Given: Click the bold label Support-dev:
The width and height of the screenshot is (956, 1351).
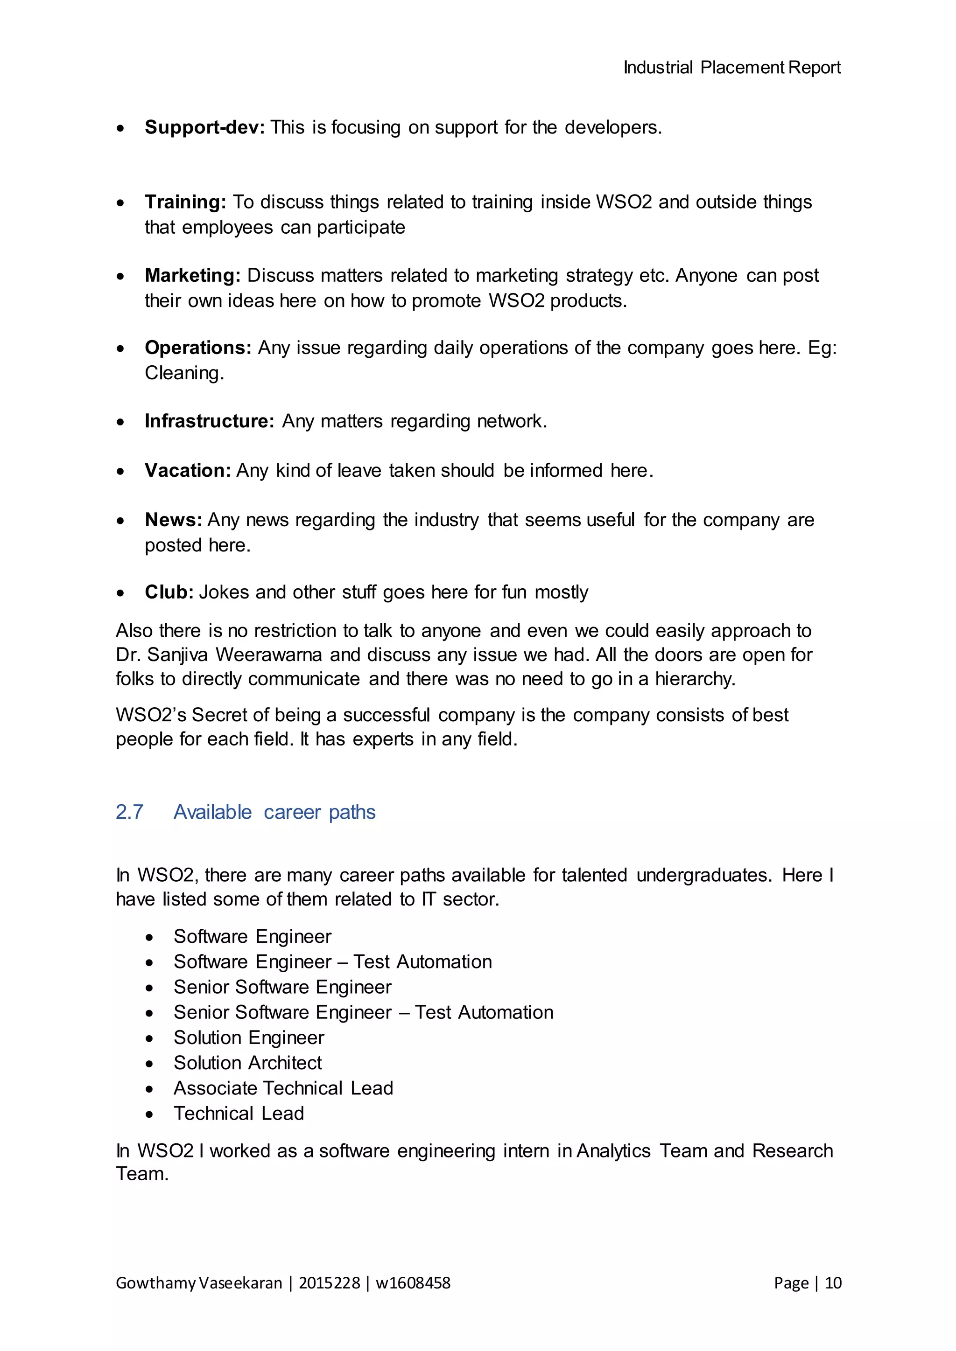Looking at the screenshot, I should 204,127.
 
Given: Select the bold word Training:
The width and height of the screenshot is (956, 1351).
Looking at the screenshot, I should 185,202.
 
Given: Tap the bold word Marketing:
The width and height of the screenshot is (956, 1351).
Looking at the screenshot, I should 192,275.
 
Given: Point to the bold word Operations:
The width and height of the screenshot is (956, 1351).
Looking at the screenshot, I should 198,348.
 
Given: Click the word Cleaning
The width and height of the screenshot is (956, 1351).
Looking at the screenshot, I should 183,373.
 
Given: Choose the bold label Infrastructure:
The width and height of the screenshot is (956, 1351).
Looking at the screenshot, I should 210,421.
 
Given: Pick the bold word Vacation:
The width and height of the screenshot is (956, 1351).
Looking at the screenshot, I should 187,471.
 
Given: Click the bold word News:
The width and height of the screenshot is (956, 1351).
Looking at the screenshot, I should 173,520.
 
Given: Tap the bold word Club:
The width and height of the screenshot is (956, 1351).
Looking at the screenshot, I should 169,592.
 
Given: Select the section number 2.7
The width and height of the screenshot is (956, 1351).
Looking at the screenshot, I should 129,812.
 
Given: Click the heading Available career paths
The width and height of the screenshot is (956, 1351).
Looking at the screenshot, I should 274,812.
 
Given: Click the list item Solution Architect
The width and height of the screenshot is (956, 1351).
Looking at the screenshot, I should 247,1063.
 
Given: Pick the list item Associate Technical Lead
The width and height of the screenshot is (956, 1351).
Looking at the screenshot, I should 283,1088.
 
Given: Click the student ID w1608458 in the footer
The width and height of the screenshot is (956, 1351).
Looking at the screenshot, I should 413,1283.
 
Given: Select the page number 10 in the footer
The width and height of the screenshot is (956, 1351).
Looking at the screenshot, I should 833,1283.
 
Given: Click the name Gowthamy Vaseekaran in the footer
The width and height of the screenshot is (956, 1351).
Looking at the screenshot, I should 199,1283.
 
